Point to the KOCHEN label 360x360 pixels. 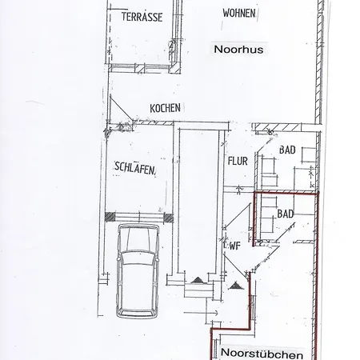(x=165, y=108)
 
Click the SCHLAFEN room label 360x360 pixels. (x=135, y=168)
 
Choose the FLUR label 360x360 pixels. (x=238, y=161)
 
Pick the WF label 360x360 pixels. (x=235, y=246)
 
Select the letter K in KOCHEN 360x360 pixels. (x=152, y=108)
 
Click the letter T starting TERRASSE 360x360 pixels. (x=124, y=16)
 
